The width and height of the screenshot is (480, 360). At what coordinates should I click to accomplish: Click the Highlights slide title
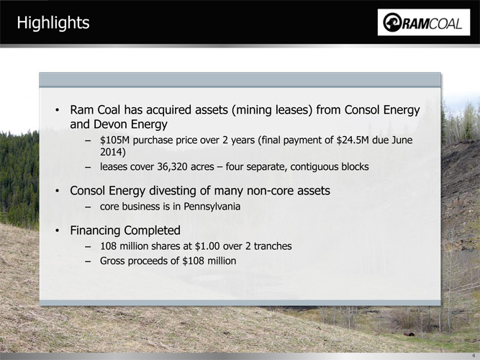click(x=53, y=23)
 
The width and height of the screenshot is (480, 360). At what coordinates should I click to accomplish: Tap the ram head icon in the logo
click(x=392, y=22)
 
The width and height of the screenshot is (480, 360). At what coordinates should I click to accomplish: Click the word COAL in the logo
click(x=445, y=24)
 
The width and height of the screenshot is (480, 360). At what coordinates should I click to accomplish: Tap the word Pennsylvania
click(x=212, y=207)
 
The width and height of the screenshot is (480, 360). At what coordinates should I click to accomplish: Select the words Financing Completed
click(x=125, y=230)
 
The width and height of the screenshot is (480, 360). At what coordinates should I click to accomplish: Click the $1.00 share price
click(x=207, y=246)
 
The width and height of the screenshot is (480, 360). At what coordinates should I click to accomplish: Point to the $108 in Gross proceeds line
click(x=194, y=261)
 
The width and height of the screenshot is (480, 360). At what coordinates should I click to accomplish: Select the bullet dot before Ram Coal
click(x=58, y=110)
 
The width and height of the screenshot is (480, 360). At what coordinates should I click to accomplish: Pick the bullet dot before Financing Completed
click(x=58, y=230)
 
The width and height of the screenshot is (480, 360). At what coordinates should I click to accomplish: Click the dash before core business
click(x=89, y=207)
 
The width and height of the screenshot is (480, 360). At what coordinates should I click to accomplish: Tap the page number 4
click(x=476, y=356)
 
